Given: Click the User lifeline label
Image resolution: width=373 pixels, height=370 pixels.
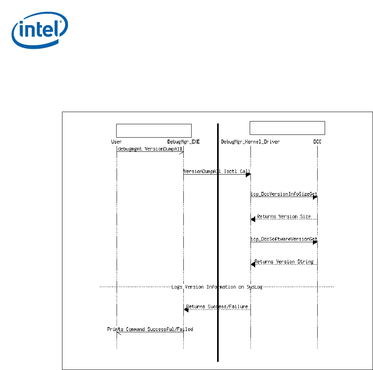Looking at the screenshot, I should tap(117, 142).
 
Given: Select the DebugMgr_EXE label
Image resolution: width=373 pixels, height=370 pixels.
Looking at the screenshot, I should tap(184, 142).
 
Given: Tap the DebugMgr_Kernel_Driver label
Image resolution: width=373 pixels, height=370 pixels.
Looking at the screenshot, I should tap(250, 142).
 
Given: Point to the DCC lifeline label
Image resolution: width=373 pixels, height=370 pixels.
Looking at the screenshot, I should tap(317, 142).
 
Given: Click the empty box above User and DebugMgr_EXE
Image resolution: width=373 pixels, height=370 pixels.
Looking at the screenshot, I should tap(154, 130).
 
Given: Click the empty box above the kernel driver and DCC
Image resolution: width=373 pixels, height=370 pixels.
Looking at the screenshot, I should tap(287, 128).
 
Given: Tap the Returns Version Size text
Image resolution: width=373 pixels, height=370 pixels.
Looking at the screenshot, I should tap(284, 217).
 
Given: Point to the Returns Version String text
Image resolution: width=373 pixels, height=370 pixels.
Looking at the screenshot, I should tap(284, 261).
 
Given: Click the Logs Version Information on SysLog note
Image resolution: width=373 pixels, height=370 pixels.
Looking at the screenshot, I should tap(217, 287).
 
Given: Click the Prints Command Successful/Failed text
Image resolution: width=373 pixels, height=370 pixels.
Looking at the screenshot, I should tap(150, 329).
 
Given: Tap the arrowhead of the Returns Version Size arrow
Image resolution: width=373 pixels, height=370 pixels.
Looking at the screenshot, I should tap(253, 219).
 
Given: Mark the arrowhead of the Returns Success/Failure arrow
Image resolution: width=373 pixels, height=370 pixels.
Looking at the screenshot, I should tap(186, 310).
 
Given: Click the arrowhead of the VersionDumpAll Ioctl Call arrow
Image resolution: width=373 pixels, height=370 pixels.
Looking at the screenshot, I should tap(248, 175).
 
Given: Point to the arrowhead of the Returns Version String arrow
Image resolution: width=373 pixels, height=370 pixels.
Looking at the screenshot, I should tap(253, 265).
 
